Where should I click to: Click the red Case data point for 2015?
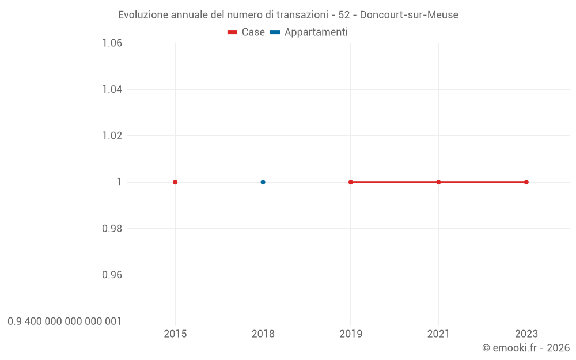pos(175,182)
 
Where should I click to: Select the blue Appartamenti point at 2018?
pos(263,182)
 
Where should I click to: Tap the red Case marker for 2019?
pos(351,182)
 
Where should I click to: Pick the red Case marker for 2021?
pos(438,182)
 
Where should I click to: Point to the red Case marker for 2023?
pos(526,182)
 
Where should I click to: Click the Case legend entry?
pos(247,32)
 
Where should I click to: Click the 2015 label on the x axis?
pos(175,334)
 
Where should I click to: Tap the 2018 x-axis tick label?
pos(263,334)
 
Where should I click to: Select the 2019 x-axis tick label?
pos(351,334)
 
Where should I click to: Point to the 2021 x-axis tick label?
pos(438,334)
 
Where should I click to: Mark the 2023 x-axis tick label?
pos(526,334)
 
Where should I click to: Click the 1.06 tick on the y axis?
pos(112,43)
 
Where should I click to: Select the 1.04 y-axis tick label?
pos(112,89)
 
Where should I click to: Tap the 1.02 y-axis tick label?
pos(112,136)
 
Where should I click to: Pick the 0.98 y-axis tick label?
pos(112,229)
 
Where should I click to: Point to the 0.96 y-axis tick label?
pos(112,275)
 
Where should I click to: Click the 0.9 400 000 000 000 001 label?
pos(65,321)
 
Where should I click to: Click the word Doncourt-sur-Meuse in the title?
pos(409,15)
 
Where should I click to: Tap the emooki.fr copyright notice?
pos(526,348)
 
